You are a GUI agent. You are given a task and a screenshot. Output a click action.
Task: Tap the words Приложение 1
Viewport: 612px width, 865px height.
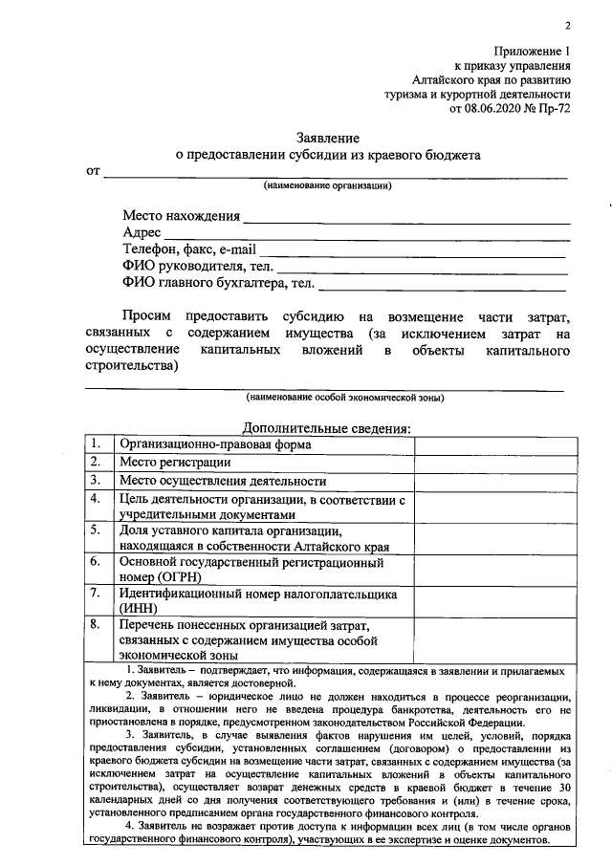click(x=532, y=52)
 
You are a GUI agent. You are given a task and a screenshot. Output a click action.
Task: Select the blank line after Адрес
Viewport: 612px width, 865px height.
click(x=367, y=233)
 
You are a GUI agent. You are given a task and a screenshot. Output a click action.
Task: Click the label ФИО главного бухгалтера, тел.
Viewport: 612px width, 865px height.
click(x=219, y=283)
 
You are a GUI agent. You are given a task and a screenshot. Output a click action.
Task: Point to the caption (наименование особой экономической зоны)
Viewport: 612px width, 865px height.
click(x=345, y=396)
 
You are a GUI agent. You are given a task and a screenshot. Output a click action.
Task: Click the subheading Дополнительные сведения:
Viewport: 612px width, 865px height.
click(x=327, y=428)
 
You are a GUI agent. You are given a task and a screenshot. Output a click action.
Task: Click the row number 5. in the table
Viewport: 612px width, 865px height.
click(x=97, y=530)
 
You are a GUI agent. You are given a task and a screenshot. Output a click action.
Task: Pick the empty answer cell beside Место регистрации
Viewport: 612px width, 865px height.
click(x=494, y=463)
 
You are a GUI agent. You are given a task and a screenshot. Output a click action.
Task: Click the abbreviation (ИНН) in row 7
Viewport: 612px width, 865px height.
click(x=140, y=607)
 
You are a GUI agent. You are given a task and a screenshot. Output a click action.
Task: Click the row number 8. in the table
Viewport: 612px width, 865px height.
click(x=97, y=624)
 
